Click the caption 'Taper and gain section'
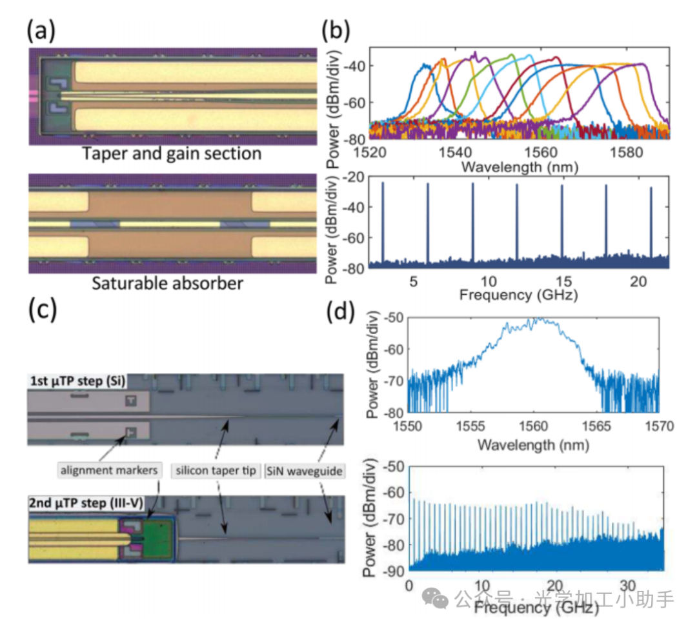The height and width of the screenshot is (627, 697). click(172, 154)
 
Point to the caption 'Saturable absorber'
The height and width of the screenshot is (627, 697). click(168, 283)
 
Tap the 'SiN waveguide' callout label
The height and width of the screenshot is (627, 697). click(303, 471)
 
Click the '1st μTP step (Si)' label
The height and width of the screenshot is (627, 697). click(78, 381)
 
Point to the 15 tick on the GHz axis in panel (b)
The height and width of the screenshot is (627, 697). click(562, 281)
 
